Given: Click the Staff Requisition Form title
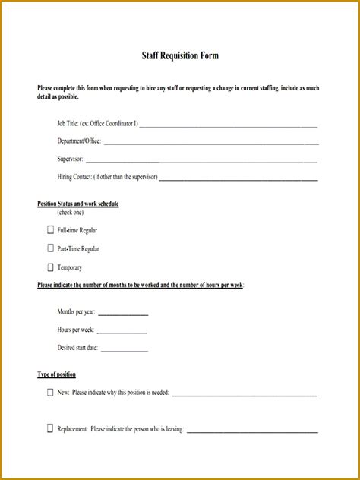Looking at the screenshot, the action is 181,56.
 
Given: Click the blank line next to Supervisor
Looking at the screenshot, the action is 201,161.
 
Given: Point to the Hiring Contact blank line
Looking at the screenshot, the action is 238,179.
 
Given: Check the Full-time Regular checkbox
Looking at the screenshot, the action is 50,229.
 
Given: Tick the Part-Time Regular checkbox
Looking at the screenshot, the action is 50,248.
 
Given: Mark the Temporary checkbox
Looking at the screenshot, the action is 50,267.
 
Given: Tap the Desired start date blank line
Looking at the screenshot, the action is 125,350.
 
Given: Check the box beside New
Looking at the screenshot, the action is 50,393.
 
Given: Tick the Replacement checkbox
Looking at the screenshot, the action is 50,428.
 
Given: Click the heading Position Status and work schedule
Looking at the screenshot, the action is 78,204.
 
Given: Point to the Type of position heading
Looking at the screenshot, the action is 57,374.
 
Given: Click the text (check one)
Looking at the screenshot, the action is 71,213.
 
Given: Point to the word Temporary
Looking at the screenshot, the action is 70,267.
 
